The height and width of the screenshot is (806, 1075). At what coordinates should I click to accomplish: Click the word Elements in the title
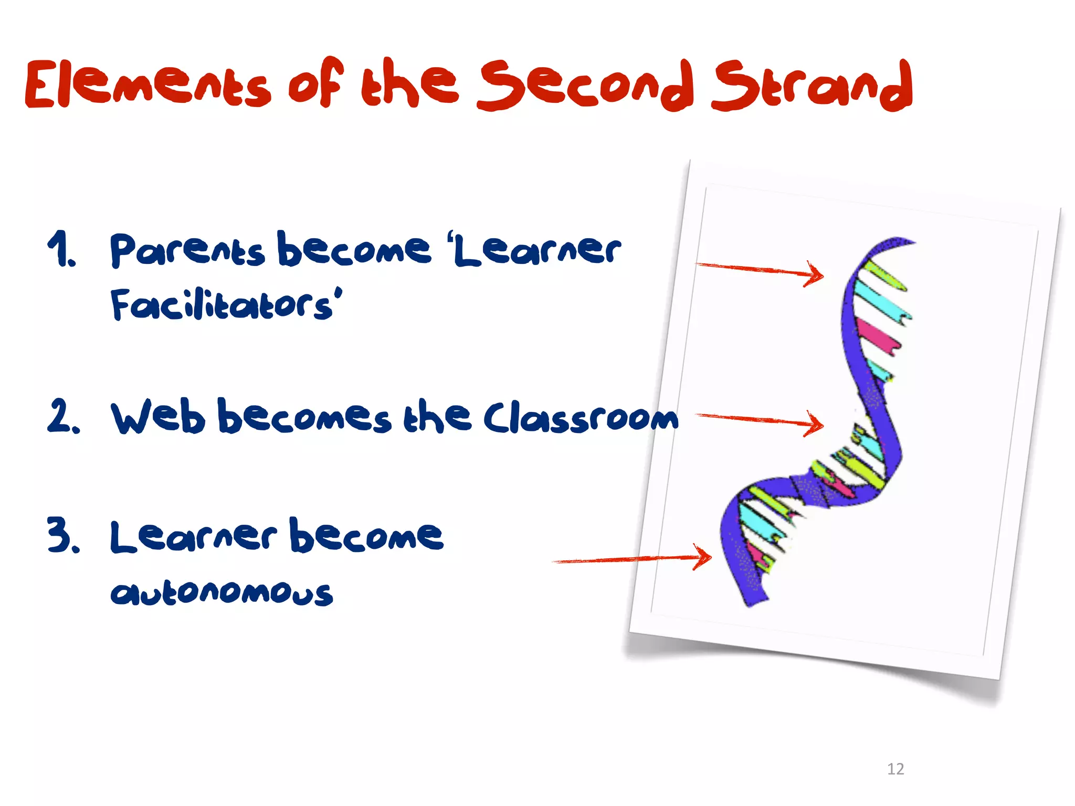point(147,84)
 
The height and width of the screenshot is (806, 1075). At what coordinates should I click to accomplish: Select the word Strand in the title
point(811,85)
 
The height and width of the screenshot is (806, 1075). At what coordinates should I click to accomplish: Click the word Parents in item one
point(186,250)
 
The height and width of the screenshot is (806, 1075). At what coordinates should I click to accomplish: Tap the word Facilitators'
point(226,305)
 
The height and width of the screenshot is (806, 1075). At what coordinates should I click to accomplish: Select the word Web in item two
point(157,417)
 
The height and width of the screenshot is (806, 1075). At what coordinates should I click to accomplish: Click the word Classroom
point(580,418)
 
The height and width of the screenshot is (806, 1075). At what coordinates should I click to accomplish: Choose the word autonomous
point(222,593)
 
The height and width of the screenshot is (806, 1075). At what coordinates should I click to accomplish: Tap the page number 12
point(895,769)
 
